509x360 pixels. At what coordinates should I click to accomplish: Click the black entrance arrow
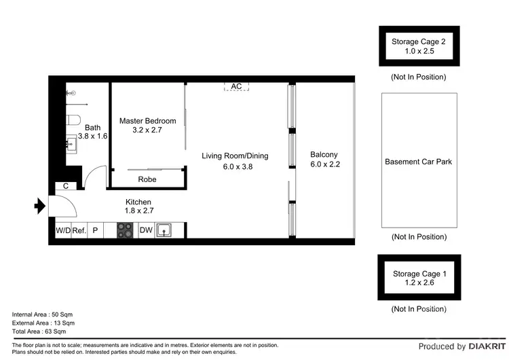click(x=39, y=204)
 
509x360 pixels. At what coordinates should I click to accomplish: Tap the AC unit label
click(x=236, y=86)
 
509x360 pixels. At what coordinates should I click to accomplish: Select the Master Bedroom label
click(x=147, y=121)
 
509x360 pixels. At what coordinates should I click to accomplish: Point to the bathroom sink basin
click(x=71, y=143)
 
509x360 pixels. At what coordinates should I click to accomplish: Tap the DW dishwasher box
click(x=146, y=231)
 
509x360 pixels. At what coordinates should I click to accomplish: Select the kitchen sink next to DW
click(x=164, y=231)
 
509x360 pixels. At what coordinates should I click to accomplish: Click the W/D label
click(x=62, y=231)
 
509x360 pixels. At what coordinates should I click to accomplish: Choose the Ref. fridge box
click(x=79, y=231)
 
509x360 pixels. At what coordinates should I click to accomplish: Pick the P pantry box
click(x=95, y=231)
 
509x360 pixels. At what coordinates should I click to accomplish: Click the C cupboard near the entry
click(x=66, y=186)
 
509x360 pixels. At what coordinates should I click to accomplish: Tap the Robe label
click(x=147, y=180)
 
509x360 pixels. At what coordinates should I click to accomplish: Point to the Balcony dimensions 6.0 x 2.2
click(x=324, y=164)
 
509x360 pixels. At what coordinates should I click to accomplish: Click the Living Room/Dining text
click(x=235, y=156)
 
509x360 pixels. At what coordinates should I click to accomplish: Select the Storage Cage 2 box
click(x=419, y=46)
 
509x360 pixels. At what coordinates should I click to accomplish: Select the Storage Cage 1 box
click(x=419, y=278)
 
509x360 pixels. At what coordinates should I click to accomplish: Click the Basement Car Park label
click(x=418, y=162)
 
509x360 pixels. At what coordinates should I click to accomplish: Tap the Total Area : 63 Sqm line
click(x=39, y=332)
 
